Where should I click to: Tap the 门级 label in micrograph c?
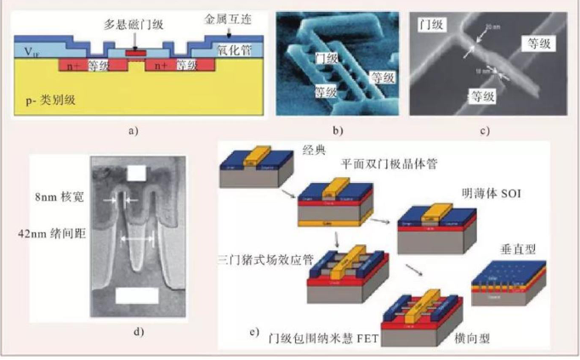point(433,26)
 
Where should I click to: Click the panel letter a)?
point(132,130)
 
